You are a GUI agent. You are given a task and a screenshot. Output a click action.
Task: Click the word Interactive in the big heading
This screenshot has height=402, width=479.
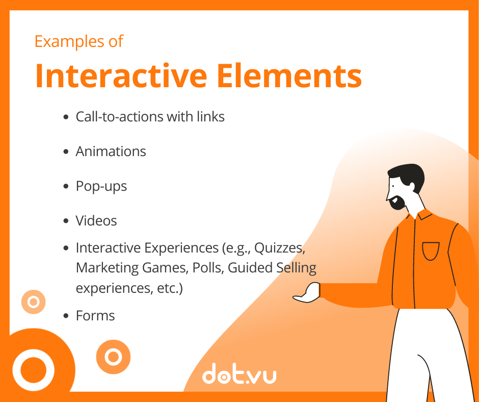point(121,76)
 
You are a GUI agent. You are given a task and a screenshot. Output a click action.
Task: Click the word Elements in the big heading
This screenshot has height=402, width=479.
point(289,76)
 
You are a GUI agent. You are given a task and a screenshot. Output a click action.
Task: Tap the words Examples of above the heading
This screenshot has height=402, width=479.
point(79,42)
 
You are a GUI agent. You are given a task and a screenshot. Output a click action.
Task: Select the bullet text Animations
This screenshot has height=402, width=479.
point(111,151)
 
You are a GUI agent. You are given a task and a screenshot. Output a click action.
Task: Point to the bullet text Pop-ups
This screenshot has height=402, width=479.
point(101,186)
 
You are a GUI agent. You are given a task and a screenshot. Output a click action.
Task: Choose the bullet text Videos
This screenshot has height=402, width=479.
point(96,220)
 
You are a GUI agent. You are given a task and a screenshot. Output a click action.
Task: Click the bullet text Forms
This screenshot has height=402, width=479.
point(95,315)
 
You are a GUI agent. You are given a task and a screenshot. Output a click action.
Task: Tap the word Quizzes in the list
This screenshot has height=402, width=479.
point(280,248)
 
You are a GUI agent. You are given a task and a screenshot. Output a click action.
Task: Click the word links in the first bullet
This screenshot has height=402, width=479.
point(211,116)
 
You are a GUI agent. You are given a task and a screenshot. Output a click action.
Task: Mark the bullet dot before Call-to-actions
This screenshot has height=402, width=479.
point(66,117)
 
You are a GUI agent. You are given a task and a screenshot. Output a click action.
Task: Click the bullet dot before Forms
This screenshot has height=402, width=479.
point(66,316)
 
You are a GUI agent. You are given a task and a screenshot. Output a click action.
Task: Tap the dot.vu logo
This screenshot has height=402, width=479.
point(239,373)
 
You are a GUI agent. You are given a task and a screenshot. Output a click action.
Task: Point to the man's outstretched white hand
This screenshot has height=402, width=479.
point(307,293)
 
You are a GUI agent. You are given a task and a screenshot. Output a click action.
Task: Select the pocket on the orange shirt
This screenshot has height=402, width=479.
point(431,251)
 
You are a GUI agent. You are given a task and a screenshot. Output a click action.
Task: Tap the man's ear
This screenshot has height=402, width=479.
point(412,186)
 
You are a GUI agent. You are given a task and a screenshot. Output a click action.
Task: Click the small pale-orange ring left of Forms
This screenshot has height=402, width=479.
point(34,302)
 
